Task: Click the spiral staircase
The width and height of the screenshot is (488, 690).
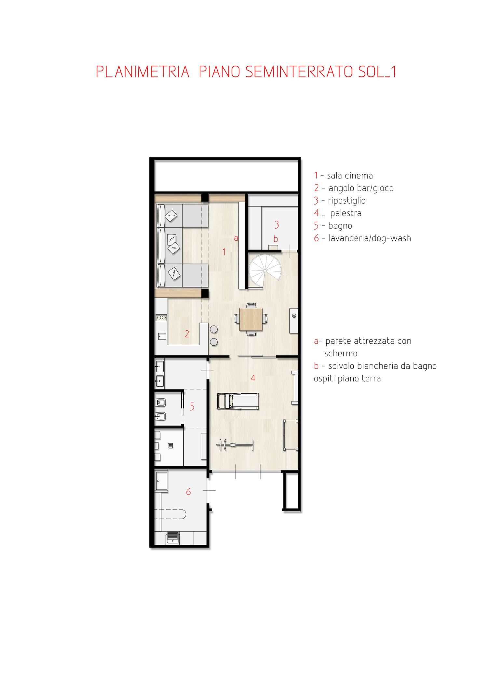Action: coord(265,271)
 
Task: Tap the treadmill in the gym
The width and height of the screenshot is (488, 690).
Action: coord(238,401)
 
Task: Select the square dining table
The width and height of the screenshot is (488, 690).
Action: coord(251,319)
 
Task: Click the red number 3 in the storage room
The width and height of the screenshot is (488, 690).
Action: coord(277,224)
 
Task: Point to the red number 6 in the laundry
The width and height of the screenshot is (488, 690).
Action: coord(188,492)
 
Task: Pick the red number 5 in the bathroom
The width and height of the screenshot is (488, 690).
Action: coord(192,406)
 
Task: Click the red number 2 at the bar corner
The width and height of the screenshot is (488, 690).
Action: coord(187,334)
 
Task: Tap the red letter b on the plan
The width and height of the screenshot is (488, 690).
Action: coord(276,239)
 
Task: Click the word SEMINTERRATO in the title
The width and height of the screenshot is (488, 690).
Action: coord(299,72)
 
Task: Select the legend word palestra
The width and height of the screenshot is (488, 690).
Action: coord(346,214)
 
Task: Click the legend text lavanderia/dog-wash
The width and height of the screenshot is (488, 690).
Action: coord(370,238)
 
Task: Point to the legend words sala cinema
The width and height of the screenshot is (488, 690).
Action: coord(350,176)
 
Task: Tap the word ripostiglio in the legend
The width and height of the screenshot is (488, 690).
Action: coord(346,201)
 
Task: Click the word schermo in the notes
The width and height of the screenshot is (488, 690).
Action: coord(341,353)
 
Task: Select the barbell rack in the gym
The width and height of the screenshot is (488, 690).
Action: coord(235,445)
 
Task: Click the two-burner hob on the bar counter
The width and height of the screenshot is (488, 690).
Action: coord(161,317)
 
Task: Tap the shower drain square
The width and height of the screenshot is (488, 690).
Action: coord(170,446)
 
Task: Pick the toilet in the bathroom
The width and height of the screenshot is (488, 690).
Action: coord(160,403)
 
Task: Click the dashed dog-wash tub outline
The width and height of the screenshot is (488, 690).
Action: coord(170,514)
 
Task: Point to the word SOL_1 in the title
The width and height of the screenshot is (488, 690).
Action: coord(377,72)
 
